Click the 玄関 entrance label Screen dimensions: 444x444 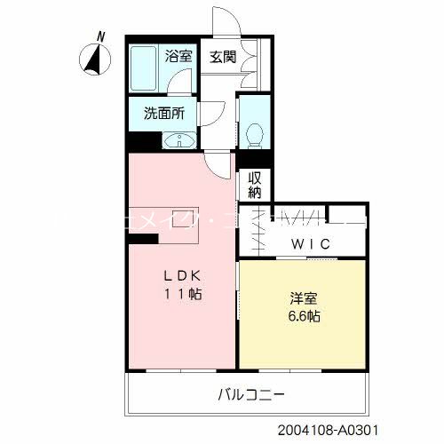[x=221, y=57]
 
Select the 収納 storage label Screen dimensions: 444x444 [x=255, y=184]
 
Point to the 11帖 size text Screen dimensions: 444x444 [x=181, y=294]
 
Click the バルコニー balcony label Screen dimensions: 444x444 [x=253, y=393]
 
